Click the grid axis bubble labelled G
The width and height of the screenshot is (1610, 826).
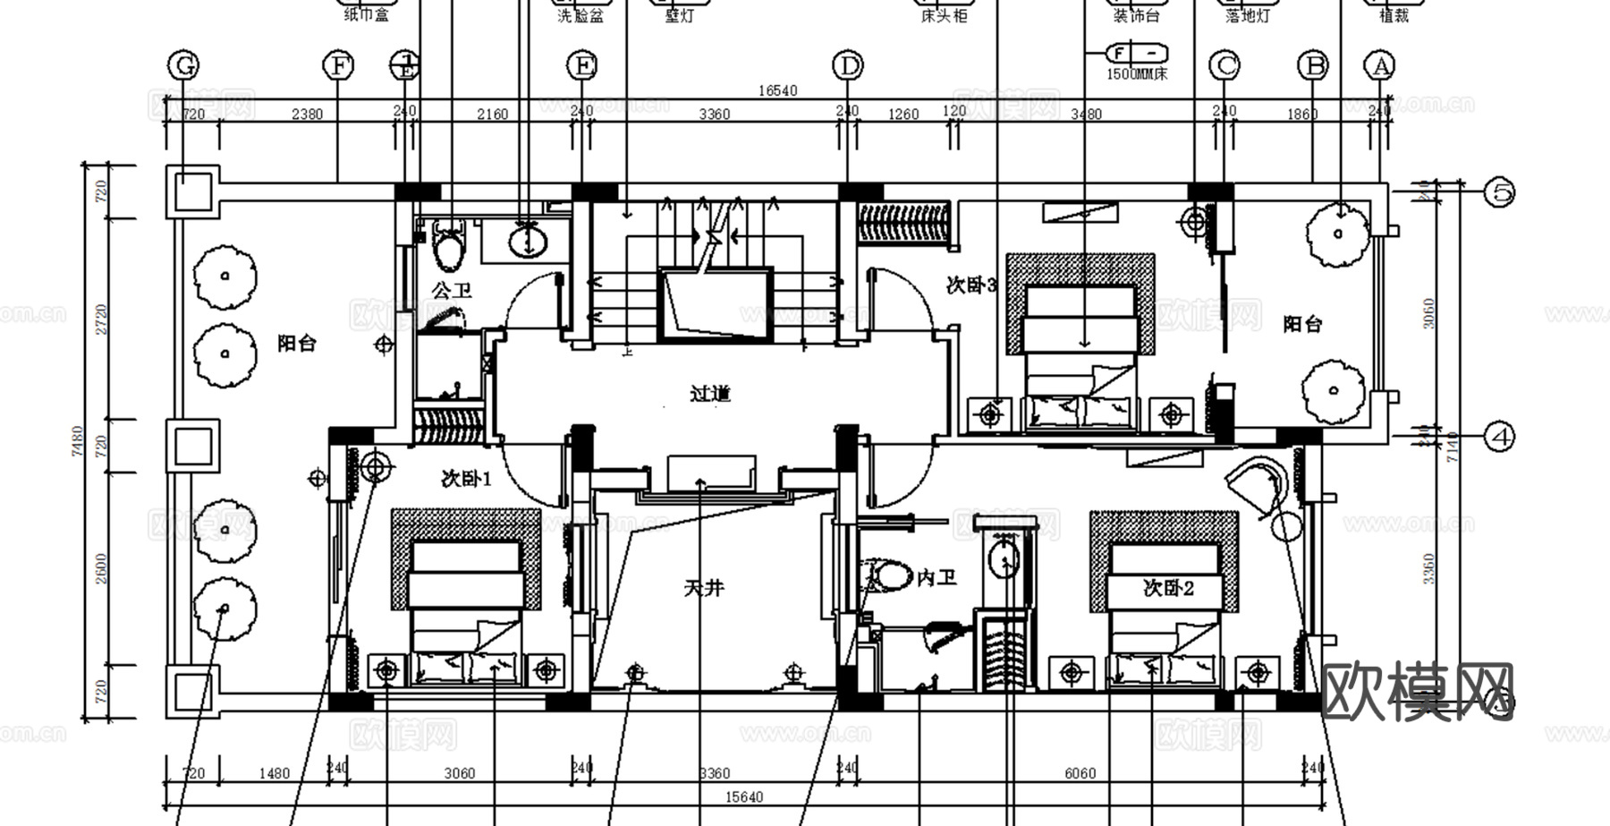(x=183, y=65)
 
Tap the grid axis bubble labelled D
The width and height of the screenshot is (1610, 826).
(x=847, y=65)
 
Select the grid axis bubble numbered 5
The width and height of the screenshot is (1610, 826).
(x=1499, y=192)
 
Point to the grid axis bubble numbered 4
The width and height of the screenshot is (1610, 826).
(x=1499, y=437)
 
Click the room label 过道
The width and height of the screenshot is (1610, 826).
(x=711, y=394)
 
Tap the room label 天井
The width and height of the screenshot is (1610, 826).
(x=704, y=588)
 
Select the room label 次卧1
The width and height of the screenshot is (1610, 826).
(x=467, y=479)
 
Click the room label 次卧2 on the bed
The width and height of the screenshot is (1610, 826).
(x=1168, y=588)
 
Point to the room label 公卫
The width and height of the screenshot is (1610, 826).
(x=452, y=290)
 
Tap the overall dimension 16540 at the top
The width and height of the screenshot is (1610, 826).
(x=776, y=90)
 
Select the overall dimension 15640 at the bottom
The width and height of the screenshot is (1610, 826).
(x=743, y=796)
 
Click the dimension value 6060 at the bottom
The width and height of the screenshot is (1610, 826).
(x=1080, y=773)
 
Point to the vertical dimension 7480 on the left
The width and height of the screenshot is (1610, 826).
(x=77, y=441)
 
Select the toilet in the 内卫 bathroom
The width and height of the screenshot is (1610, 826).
(x=886, y=575)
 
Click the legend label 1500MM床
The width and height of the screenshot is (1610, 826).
(x=1137, y=74)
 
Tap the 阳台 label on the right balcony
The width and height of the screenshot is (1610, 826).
(x=1302, y=324)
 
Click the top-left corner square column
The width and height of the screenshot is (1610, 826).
(x=192, y=192)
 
